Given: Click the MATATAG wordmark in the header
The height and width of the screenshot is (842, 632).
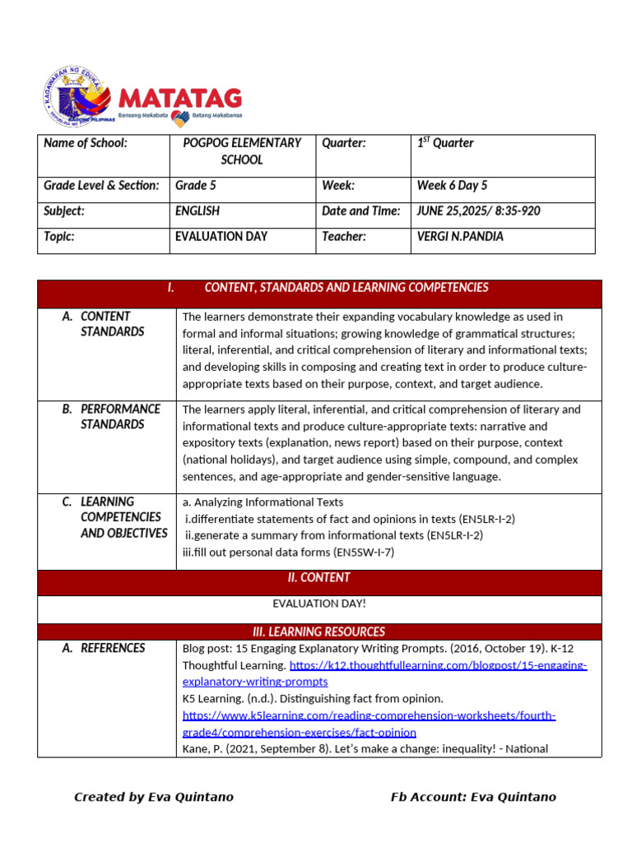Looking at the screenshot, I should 181,99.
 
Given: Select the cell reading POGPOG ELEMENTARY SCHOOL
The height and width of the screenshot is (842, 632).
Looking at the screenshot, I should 242,151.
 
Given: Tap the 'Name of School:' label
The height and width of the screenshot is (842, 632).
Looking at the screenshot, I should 86,143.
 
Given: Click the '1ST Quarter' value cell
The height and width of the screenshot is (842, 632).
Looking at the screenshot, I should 445,143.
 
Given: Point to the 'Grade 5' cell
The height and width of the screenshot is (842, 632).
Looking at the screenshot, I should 196,186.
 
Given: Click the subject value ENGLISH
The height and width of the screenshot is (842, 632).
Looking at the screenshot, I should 197,211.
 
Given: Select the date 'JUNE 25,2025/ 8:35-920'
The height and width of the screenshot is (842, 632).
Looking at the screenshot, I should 478,211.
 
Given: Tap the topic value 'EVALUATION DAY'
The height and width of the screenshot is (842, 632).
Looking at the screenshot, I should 221,237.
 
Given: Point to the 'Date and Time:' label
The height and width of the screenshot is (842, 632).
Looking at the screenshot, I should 360,211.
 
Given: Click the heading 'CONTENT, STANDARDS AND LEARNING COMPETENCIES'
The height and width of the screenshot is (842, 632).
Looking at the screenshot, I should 346,288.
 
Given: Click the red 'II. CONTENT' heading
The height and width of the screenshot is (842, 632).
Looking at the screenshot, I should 319,578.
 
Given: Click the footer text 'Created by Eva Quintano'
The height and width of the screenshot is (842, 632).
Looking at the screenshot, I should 154,797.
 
